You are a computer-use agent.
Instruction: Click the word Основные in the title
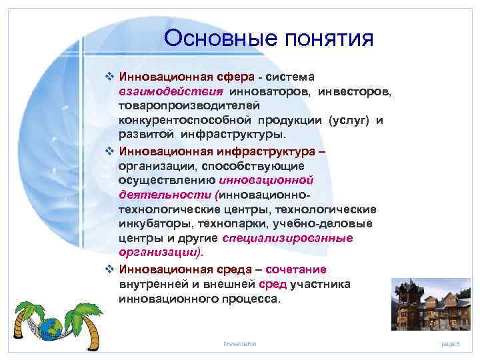211,38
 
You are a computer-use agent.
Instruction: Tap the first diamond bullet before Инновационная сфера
110,77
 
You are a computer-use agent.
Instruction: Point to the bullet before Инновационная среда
110,269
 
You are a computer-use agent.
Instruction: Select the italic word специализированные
287,238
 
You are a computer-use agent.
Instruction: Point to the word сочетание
295,269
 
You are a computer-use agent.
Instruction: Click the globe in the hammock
49,329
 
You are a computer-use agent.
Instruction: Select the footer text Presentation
240,343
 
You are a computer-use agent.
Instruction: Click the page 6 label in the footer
451,343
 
